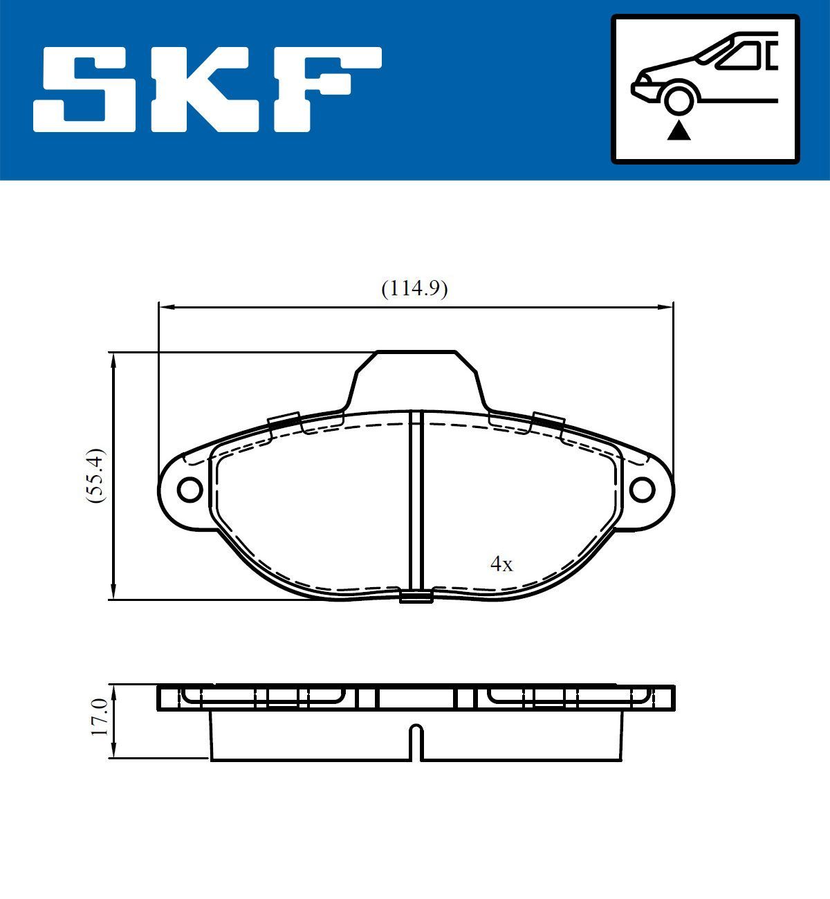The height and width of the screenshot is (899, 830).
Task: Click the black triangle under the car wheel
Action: tap(679, 130)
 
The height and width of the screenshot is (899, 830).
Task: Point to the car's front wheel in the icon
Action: tap(679, 98)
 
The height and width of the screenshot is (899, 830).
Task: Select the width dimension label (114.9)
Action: tap(414, 288)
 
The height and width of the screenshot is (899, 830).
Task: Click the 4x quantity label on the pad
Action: tap(501, 565)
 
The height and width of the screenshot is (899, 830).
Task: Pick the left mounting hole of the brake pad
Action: tap(189, 489)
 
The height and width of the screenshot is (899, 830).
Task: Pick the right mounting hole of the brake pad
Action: tap(642, 489)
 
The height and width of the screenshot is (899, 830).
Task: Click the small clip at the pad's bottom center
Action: tap(416, 596)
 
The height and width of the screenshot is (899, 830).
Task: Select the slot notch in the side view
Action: tap(416, 741)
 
